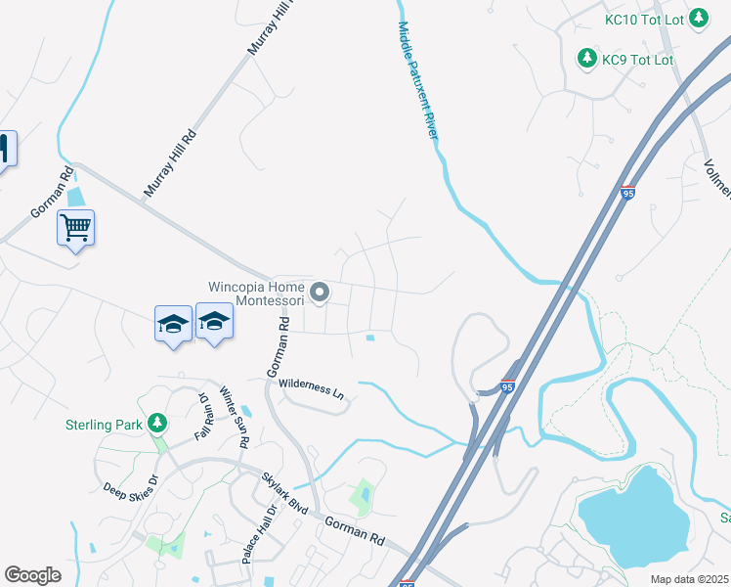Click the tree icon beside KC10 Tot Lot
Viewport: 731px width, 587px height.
pos(699,18)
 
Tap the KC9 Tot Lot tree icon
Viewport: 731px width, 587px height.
pos(586,60)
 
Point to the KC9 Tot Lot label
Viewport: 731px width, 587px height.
pos(638,60)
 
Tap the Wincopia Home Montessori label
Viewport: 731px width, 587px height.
pos(256,294)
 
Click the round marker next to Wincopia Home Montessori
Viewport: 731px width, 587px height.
pos(320,293)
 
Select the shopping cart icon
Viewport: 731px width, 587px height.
pos(75,228)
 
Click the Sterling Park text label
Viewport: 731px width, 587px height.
pos(105,425)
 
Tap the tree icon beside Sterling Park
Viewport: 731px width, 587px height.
pos(156,424)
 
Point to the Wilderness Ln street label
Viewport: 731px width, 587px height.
pos(313,389)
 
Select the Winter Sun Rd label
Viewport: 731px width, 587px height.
pos(234,417)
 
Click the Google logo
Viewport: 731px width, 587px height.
pos(32,575)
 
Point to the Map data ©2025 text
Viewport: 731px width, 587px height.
pos(690,579)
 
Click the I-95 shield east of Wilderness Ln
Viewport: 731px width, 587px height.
pos(507,386)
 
